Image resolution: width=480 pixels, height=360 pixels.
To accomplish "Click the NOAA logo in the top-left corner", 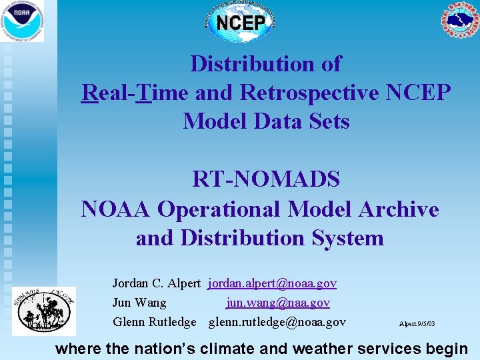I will point(22,21).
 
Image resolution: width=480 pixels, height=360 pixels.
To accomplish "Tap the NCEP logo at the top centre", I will point(241,22).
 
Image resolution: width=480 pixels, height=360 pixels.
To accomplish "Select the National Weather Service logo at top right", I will point(459,21).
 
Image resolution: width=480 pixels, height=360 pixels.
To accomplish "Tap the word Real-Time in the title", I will point(135,93).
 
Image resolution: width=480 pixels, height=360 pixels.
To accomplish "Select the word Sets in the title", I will point(327,121).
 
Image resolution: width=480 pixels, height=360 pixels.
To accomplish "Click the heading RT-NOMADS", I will point(266,179).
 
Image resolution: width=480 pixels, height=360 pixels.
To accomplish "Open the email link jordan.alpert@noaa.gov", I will point(273,284).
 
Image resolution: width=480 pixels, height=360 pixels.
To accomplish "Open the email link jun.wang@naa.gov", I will point(278,303).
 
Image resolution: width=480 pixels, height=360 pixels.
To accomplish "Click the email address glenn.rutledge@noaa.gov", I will point(277,323).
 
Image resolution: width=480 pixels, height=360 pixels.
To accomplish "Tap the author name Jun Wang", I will point(139,303).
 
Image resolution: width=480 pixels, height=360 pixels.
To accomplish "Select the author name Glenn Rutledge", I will point(154,323).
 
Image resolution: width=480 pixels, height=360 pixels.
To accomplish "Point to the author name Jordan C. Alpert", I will point(156,284).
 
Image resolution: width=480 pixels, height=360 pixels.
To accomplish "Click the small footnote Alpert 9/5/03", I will point(417,323).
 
